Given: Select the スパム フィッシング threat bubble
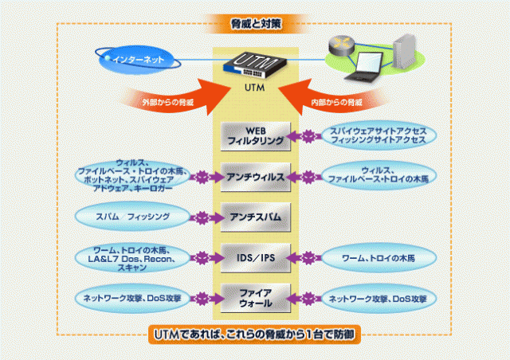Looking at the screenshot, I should pos(133,216).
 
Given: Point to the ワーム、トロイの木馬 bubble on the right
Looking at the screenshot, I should pos(378,257).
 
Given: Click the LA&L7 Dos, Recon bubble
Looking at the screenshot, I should pos(134,257).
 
